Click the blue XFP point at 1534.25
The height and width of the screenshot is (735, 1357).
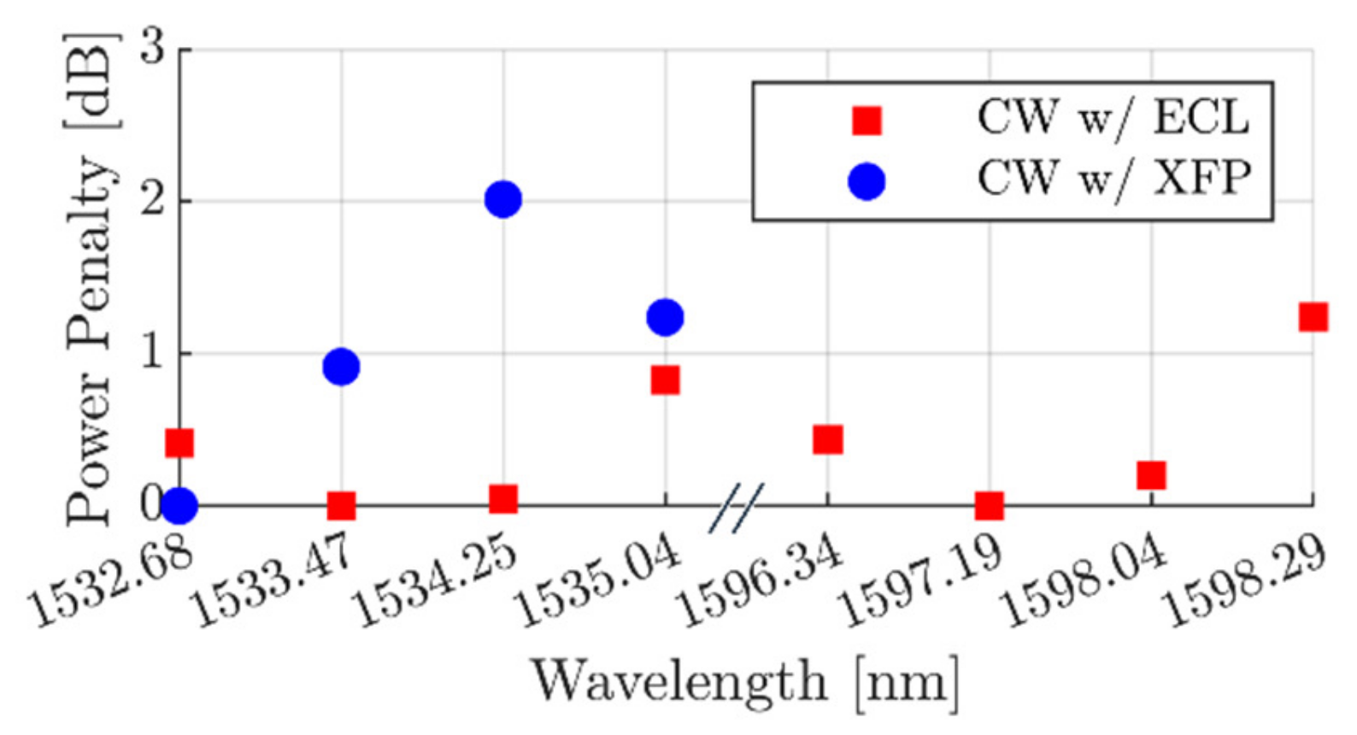[x=503, y=199]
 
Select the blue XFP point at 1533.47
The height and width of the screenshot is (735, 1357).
[x=341, y=367]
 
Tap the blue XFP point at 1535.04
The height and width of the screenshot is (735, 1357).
[x=665, y=317]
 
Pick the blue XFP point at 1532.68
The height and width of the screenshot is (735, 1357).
[x=179, y=506]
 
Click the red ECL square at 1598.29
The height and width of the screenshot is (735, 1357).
[x=1313, y=317]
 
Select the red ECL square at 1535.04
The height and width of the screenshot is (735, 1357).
[x=665, y=379]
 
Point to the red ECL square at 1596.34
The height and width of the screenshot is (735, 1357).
[x=827, y=439]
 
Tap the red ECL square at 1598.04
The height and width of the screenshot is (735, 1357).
[x=1151, y=474]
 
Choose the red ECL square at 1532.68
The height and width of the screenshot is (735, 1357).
[x=179, y=443]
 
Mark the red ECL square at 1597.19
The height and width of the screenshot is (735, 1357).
[x=989, y=506]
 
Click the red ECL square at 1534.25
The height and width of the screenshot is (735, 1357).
[x=503, y=498]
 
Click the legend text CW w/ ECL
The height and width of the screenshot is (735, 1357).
[x=1113, y=117]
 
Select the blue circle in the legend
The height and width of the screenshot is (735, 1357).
[x=866, y=181]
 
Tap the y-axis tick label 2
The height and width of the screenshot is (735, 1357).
[x=153, y=201]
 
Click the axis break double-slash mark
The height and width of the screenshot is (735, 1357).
[x=735, y=508]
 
